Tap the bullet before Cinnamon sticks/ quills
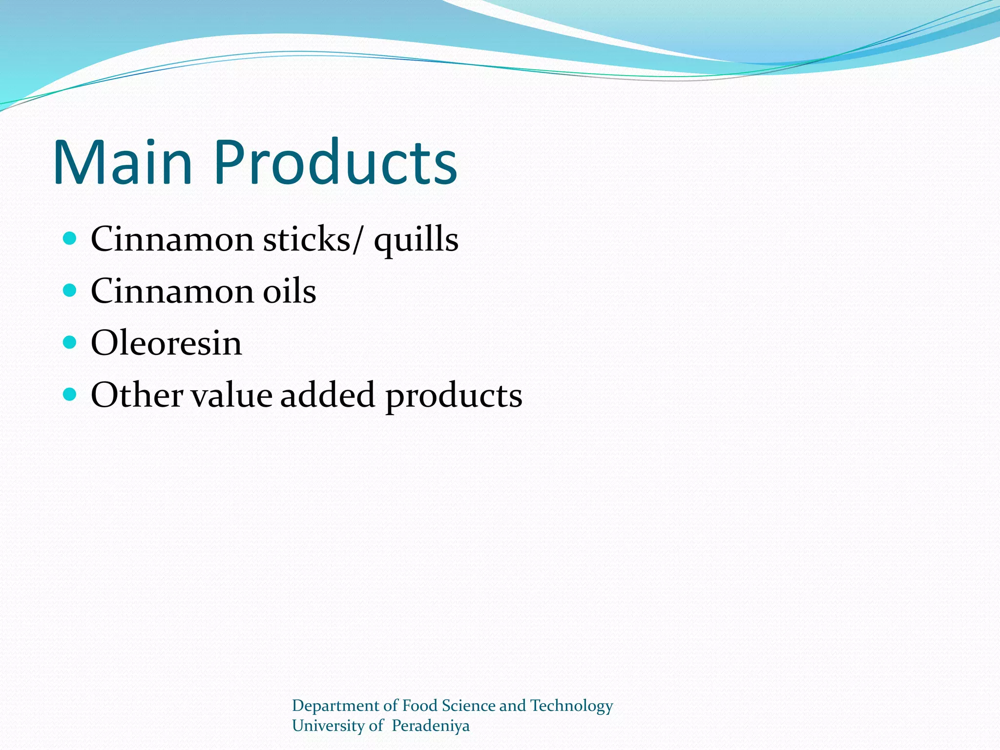coord(70,238)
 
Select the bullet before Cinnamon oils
coord(70,291)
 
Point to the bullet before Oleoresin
coord(70,342)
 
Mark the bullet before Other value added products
coord(70,394)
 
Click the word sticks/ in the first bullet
coord(313,239)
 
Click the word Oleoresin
coord(167,343)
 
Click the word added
coord(328,395)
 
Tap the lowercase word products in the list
coord(454,396)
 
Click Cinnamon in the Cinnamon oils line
coord(172,291)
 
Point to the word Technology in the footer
coord(571,706)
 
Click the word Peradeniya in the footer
coord(430,726)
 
